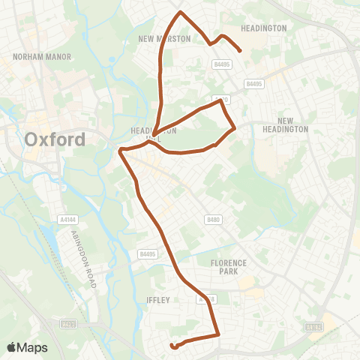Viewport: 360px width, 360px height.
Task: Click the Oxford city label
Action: pos(55,139)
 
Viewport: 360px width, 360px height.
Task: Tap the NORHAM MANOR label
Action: pos(36,56)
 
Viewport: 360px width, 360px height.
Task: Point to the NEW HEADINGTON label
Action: pos(292,124)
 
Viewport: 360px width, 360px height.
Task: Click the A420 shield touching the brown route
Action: pos(220,99)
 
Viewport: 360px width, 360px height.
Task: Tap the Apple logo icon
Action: pos(13,347)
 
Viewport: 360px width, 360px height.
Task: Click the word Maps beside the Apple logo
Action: pos(34,347)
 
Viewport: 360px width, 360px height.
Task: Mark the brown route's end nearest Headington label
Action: pos(240,51)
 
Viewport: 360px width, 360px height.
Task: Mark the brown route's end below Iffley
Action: pos(172,346)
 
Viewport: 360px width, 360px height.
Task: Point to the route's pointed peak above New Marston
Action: pos(180,12)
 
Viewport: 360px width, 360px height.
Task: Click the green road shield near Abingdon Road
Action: pos(68,324)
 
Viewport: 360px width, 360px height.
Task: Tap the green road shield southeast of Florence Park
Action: pos(314,327)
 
